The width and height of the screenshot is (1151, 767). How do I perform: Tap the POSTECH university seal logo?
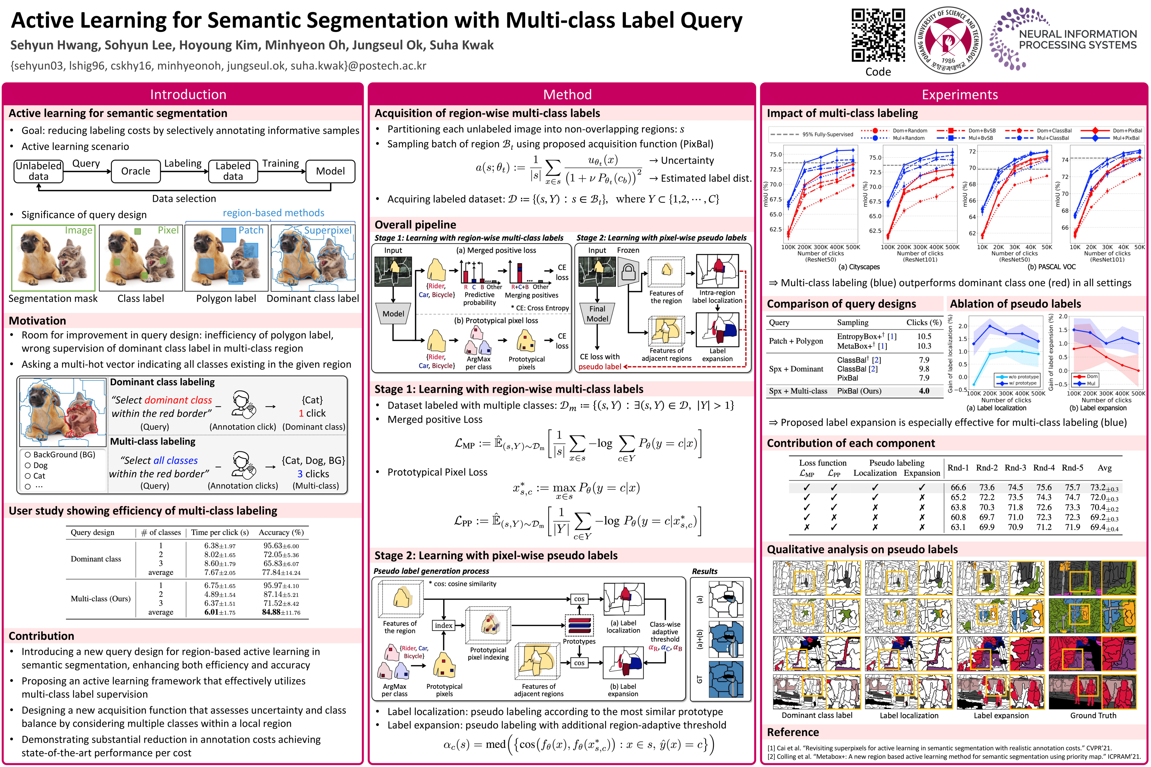pos(948,40)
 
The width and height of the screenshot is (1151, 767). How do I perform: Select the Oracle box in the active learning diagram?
pos(136,171)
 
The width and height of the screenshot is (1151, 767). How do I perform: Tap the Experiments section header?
pos(960,94)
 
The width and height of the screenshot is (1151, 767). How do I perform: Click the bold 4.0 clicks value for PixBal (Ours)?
pos(924,391)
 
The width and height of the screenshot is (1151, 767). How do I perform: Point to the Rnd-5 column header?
pos(1072,468)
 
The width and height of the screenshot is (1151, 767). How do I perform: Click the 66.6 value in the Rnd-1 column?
pos(958,487)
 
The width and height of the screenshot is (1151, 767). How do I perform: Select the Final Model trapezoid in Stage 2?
pos(597,313)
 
